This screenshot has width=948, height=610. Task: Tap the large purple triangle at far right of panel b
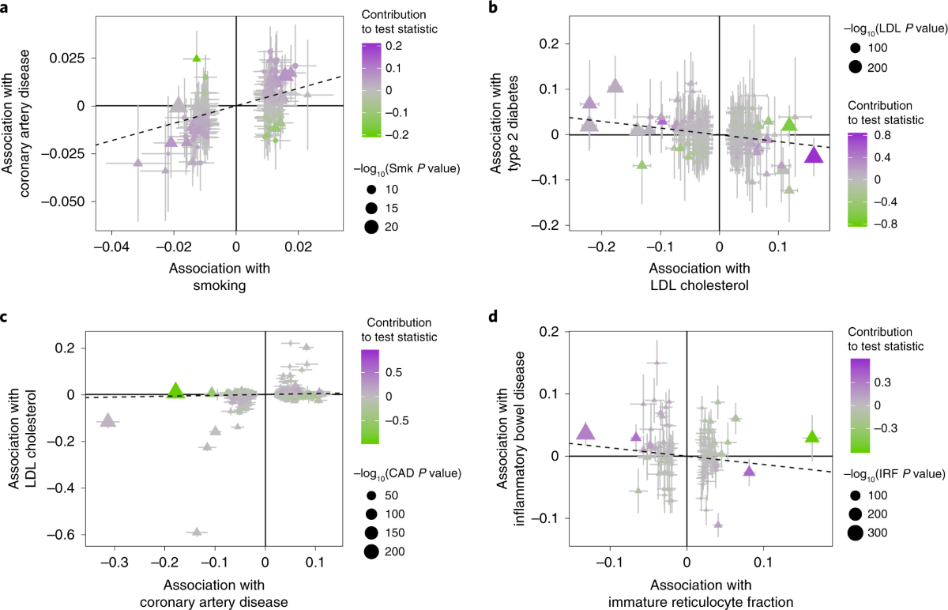(814, 155)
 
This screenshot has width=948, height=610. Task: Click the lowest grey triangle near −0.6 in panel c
(197, 532)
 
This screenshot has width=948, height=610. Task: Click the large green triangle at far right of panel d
(812, 436)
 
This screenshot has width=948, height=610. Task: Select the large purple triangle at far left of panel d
(585, 431)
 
